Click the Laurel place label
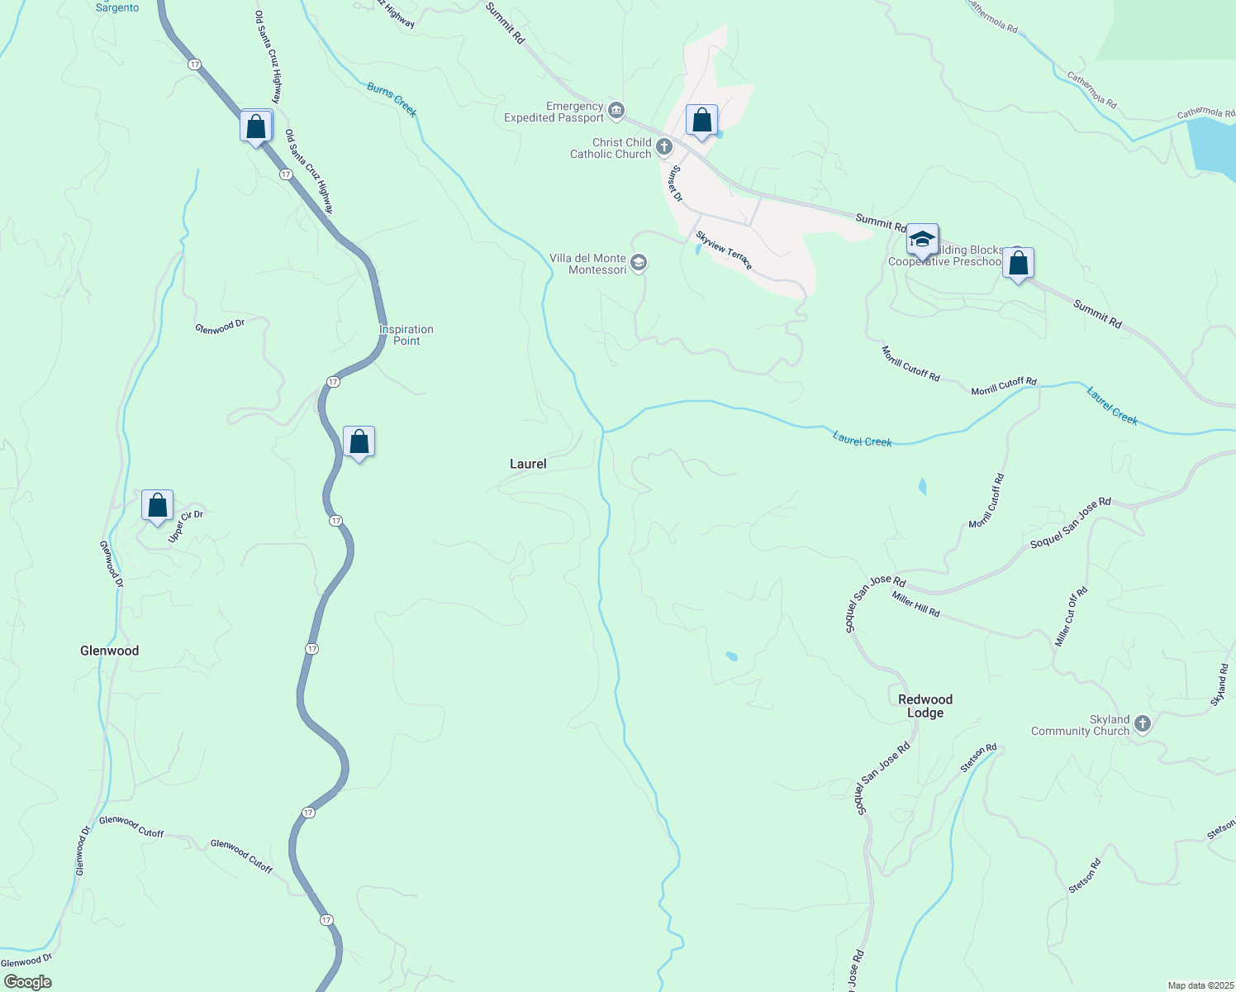528,464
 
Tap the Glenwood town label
109,651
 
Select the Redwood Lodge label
925,706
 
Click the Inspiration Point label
406,335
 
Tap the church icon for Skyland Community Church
1143,724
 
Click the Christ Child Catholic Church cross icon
664,148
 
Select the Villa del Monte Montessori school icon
639,264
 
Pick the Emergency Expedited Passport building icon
616,111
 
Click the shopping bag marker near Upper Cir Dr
157,505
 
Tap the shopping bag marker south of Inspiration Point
359,442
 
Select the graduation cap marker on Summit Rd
921,241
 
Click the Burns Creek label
392,99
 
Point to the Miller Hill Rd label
915,604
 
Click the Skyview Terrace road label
724,250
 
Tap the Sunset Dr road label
677,184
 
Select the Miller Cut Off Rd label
1072,617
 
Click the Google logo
28,982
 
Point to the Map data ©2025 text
1200,985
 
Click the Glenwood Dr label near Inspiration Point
220,327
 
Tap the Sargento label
117,7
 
